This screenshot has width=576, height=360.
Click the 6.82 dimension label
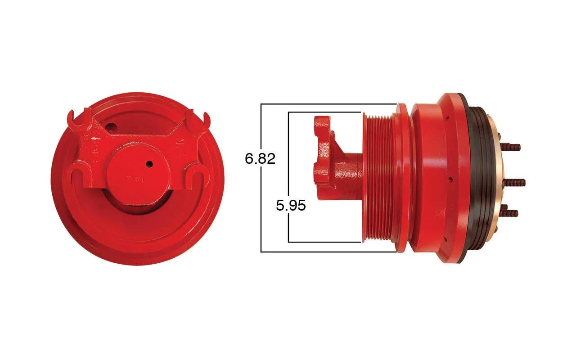(x=260, y=159)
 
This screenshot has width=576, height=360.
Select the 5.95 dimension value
(x=291, y=206)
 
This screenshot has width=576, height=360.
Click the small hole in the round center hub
(x=149, y=163)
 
